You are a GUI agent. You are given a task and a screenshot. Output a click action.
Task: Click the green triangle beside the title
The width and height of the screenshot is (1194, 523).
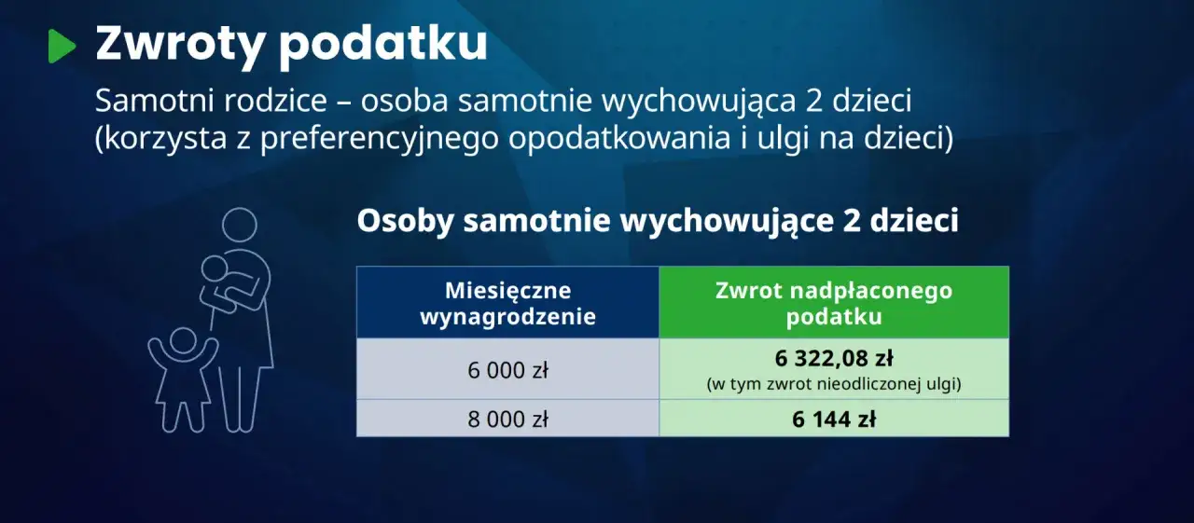61,46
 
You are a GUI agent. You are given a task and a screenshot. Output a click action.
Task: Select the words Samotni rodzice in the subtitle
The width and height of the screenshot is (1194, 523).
197,101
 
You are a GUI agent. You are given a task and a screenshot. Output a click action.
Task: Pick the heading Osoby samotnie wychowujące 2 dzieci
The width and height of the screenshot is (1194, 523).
658,222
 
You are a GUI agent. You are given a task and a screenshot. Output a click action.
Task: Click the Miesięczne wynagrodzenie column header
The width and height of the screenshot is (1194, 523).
507,303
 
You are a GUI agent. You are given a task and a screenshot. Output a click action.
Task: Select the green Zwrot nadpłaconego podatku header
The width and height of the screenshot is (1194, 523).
834,303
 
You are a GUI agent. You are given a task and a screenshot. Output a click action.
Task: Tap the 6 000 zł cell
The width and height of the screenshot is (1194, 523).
507,369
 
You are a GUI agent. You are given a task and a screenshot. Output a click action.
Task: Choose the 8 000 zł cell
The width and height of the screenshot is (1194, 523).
507,419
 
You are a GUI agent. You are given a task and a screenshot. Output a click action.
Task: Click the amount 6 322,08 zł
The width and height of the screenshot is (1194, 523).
834,359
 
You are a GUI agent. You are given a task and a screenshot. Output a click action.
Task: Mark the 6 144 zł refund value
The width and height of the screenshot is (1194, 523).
834,420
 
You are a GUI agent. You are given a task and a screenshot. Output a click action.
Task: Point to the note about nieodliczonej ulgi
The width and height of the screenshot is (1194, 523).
834,383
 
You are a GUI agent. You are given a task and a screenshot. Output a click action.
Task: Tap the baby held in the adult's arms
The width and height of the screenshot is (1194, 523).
219,280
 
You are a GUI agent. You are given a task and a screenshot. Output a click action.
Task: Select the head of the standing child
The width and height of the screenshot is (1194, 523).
183,341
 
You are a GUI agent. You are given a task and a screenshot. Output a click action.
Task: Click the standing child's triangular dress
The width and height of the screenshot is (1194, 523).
183,387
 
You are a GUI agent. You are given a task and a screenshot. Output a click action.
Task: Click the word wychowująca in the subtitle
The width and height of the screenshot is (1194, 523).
694,101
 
